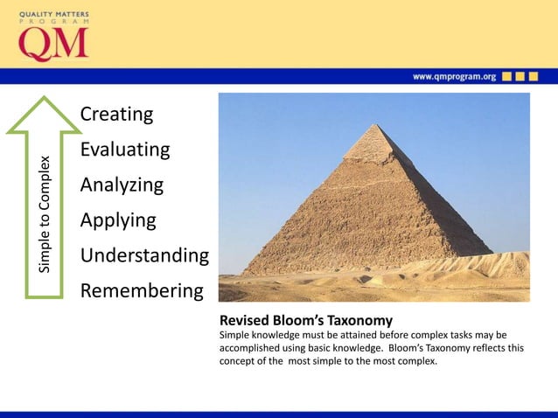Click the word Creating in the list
point(116,115)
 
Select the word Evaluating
point(124,150)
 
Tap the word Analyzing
point(122,185)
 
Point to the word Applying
point(118,220)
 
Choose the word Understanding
point(144,255)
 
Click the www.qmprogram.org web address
point(454,77)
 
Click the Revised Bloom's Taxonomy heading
point(305,320)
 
